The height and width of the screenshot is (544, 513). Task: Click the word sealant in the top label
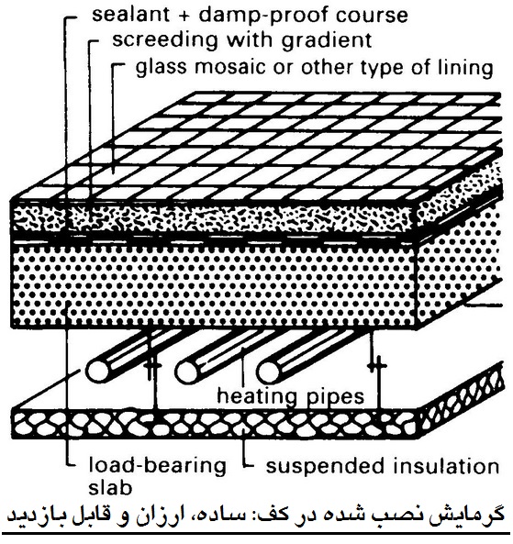coord(131,15)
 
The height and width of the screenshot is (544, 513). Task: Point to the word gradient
coord(327,41)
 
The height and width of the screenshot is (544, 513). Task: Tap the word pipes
coord(333,397)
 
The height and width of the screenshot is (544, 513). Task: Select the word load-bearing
coord(157,466)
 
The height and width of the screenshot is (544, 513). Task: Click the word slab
coord(110,487)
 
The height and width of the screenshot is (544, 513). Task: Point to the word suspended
coord(325,467)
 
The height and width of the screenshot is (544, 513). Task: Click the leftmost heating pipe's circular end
coord(97,372)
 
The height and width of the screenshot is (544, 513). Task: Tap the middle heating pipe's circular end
coord(186,372)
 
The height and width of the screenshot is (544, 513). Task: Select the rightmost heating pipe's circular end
coord(268,372)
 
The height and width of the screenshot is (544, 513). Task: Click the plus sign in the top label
coord(184,16)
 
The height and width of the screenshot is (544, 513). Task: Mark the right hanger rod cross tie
coord(377,365)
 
